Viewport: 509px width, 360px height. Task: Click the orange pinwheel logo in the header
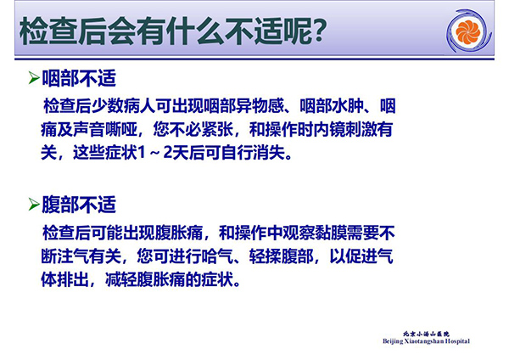(467, 31)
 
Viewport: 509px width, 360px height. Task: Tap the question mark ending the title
(317, 31)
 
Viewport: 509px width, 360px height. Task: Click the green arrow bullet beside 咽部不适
(34, 78)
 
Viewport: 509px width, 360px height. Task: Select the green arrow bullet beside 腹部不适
(34, 205)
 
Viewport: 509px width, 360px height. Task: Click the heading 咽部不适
(79, 78)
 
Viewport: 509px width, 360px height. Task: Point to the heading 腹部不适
(79, 205)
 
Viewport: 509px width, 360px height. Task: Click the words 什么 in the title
(193, 31)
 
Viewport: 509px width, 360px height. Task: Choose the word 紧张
(217, 129)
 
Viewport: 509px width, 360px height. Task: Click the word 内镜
(329, 129)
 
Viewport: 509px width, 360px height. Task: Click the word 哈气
(217, 256)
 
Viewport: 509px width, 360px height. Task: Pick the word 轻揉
(266, 256)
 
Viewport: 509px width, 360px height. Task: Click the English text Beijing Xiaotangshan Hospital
(426, 341)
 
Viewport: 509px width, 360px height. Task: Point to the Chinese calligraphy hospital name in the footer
(426, 334)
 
